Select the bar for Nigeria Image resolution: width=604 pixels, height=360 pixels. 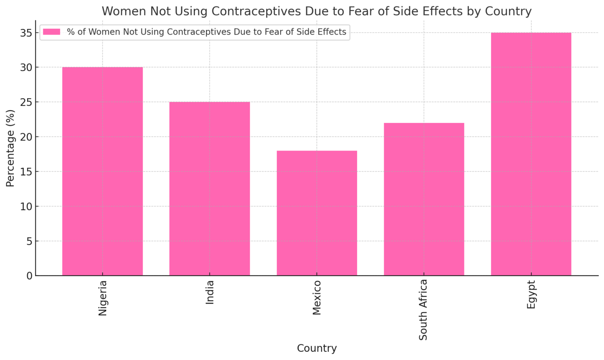[x=102, y=171]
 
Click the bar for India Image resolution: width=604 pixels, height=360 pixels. [x=210, y=189]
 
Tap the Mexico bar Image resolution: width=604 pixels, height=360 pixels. [x=317, y=213]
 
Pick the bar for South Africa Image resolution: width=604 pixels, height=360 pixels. [x=424, y=199]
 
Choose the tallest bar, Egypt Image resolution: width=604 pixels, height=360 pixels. [x=531, y=154]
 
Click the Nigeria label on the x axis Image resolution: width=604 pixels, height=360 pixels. [x=103, y=298]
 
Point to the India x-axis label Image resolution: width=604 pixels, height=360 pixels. [x=210, y=292]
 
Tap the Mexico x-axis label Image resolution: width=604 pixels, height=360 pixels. [x=317, y=298]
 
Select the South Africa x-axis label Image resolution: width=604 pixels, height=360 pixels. [x=424, y=310]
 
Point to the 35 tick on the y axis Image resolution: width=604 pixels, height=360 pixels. [x=26, y=33]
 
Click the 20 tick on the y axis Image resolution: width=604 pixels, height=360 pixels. [x=26, y=137]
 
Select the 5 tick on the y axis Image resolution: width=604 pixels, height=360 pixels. [x=29, y=241]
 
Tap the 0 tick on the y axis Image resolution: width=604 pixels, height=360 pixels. [x=29, y=276]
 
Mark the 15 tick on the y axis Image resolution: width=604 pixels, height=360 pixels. [x=26, y=172]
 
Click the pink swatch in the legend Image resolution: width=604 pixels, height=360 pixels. [x=52, y=32]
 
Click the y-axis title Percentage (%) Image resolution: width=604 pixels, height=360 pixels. [x=10, y=148]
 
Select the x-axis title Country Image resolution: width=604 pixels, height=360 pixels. [x=317, y=349]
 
